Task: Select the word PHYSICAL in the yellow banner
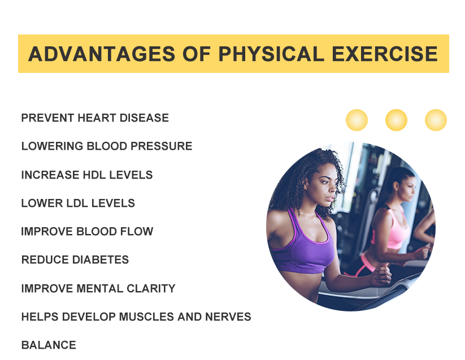pyautogui.click(x=271, y=54)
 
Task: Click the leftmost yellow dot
pyautogui.click(x=357, y=120)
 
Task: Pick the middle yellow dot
pyautogui.click(x=396, y=120)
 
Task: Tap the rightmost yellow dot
pyautogui.click(x=436, y=120)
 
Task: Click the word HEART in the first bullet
pyautogui.click(x=97, y=118)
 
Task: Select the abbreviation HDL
pyautogui.click(x=94, y=175)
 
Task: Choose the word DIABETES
pyautogui.click(x=101, y=260)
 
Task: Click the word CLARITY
pyautogui.click(x=151, y=289)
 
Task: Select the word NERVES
pyautogui.click(x=228, y=316)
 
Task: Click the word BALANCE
pyautogui.click(x=49, y=345)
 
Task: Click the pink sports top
pyautogui.click(x=391, y=228)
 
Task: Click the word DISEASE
pyautogui.click(x=144, y=118)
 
